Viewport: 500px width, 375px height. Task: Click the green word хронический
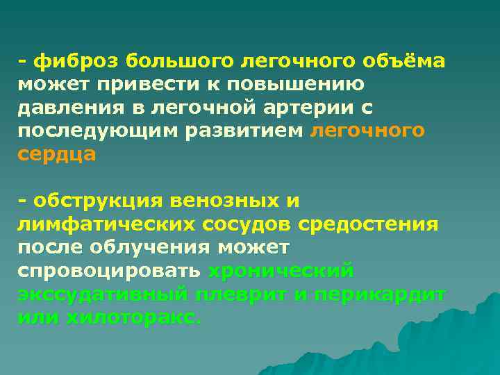(x=282, y=271)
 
